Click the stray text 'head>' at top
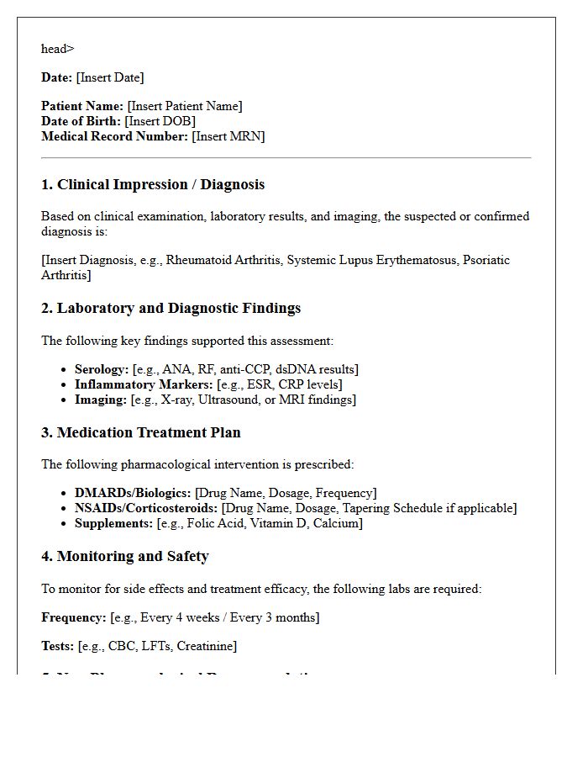click(57, 49)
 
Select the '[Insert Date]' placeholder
click(109, 77)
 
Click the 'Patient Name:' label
click(82, 106)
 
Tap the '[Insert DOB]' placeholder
click(160, 121)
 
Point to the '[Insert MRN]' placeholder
click(228, 136)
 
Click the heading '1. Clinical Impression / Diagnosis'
click(153, 185)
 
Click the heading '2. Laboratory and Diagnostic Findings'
click(171, 309)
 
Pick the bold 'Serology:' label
click(102, 369)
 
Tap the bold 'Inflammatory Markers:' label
click(144, 384)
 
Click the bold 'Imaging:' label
click(101, 400)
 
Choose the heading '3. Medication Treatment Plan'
click(141, 433)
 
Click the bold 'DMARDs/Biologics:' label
click(133, 493)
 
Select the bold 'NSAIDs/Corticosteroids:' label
click(146, 508)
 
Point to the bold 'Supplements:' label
click(113, 523)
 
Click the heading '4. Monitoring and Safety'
click(125, 557)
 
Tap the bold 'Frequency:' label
click(74, 617)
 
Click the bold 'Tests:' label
click(58, 646)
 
